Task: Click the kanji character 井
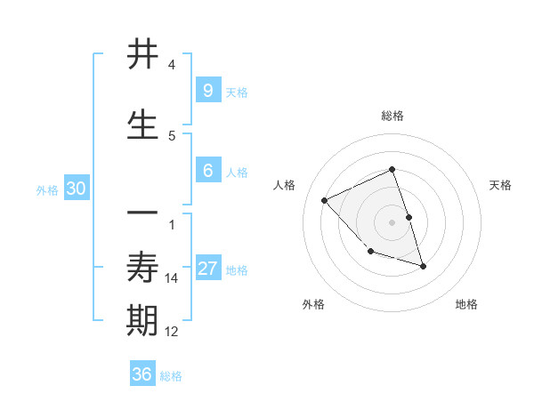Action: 142,55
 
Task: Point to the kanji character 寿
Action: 142,268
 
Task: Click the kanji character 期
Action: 142,321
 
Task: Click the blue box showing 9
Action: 207,90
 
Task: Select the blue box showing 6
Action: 207,172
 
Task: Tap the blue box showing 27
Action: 207,269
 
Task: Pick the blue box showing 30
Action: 76,189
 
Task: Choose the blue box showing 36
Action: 142,374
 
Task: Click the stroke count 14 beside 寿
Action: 172,278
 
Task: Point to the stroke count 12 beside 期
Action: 172,332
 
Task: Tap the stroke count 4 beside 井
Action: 172,65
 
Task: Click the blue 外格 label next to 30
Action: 47,189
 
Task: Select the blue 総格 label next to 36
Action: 171,376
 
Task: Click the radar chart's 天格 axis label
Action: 501,185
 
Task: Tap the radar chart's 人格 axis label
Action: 285,185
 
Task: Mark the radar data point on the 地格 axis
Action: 423,266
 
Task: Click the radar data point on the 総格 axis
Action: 392,169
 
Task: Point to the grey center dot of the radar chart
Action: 392,221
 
